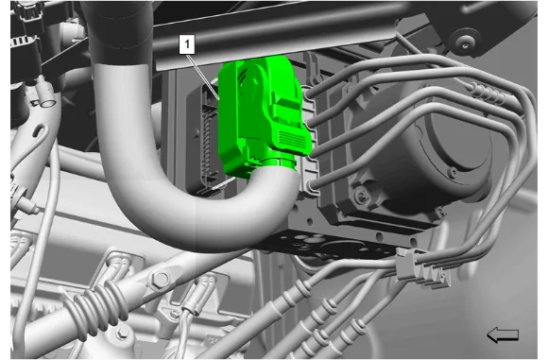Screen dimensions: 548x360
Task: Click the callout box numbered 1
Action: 187,44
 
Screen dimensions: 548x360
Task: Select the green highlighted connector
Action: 261,115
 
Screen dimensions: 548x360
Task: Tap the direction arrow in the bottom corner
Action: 503,334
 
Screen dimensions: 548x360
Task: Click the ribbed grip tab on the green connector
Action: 292,139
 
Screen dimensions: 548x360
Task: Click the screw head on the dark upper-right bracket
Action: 465,44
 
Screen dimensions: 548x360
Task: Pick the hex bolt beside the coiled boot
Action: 161,280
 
